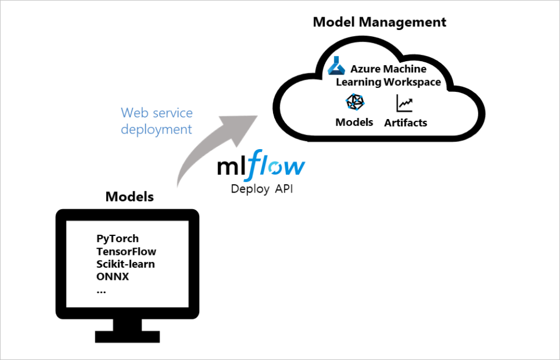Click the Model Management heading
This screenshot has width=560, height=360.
[379, 22]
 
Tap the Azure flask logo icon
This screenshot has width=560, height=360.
[336, 66]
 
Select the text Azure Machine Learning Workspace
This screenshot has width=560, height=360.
[388, 76]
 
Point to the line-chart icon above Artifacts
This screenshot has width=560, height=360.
[405, 103]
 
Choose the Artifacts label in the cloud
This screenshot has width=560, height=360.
[405, 123]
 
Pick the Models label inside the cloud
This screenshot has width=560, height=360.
[354, 122]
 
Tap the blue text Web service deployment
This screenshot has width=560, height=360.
[157, 121]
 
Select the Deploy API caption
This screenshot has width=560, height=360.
[261, 189]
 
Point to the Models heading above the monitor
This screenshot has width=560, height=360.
[130, 197]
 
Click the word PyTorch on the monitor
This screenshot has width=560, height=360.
[117, 239]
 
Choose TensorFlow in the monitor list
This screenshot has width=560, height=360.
[126, 251]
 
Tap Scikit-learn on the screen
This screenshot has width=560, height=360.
[126, 264]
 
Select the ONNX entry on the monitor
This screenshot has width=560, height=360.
[112, 277]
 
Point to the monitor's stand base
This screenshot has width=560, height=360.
[127, 336]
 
